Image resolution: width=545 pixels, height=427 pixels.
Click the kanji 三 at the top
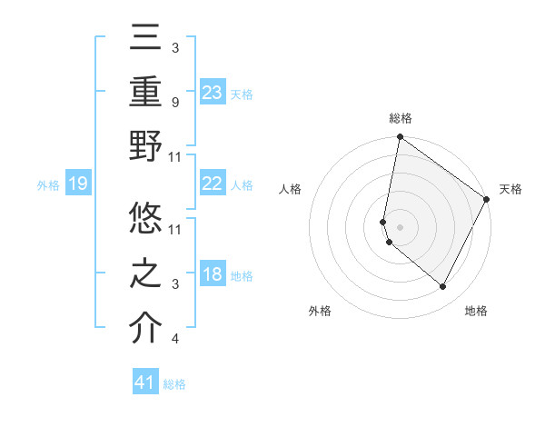pyautogui.click(x=145, y=38)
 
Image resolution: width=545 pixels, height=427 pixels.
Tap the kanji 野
pyautogui.click(x=145, y=147)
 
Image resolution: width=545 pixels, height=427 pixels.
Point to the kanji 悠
pyautogui.click(x=145, y=219)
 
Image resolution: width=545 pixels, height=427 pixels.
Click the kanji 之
pyautogui.click(x=145, y=273)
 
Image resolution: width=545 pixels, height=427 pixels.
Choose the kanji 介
pyautogui.click(x=145, y=328)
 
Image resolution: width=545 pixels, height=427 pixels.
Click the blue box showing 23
pyautogui.click(x=213, y=93)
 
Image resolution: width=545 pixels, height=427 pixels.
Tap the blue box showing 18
pyautogui.click(x=213, y=274)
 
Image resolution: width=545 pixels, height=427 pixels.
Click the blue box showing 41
pyautogui.click(x=145, y=382)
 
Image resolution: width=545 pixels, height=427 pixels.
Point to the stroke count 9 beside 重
pyautogui.click(x=174, y=102)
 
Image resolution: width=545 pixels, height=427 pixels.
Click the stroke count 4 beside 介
pyautogui.click(x=174, y=339)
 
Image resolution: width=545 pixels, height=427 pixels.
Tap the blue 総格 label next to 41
pyautogui.click(x=174, y=384)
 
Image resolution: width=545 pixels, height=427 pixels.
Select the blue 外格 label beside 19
pyautogui.click(x=48, y=185)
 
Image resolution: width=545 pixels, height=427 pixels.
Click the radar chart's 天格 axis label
pyautogui.click(x=510, y=189)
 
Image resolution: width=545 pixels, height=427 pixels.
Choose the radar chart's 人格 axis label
pyautogui.click(x=290, y=189)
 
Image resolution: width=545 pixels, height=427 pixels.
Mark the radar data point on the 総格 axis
pyautogui.click(x=400, y=138)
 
